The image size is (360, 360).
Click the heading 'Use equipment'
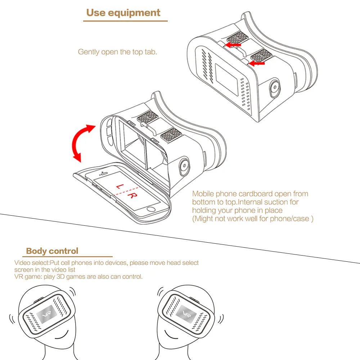point(123,13)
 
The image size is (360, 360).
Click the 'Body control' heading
point(52,251)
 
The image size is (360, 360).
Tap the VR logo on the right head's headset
point(186,312)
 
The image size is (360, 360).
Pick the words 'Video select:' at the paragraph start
point(31,263)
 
